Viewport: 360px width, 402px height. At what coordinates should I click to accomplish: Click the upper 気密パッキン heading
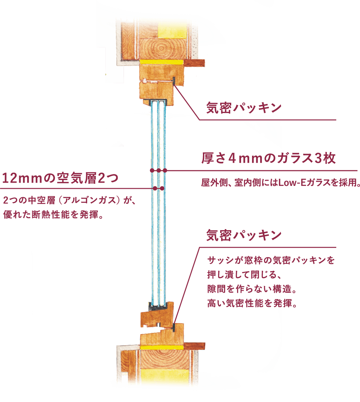pyautogui.click(x=244, y=108)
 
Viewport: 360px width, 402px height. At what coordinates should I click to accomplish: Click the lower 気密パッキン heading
pyautogui.click(x=244, y=235)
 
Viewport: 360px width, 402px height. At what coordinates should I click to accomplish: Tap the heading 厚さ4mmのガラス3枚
pyautogui.click(x=268, y=158)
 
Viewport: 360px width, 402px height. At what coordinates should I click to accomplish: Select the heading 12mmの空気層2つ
pyautogui.click(x=60, y=178)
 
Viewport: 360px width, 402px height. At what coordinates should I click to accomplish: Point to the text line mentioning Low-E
pyautogui.click(x=280, y=183)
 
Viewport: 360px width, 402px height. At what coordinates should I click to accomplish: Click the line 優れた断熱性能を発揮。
pyautogui.click(x=53, y=215)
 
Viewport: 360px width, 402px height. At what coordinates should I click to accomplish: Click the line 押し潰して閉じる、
pyautogui.click(x=244, y=275)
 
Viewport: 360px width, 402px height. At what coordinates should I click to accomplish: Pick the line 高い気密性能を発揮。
pyautogui.click(x=252, y=303)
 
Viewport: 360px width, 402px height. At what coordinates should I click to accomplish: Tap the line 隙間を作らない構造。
pyautogui.click(x=252, y=289)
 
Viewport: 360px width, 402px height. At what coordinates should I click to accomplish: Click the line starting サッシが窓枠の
pyautogui.click(x=271, y=260)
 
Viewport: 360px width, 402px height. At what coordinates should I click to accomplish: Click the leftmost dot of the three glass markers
pyautogui.click(x=152, y=170)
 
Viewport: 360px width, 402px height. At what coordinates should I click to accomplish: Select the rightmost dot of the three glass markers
pyautogui.click(x=165, y=170)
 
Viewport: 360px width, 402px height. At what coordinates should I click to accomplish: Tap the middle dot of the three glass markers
pyautogui.click(x=158, y=170)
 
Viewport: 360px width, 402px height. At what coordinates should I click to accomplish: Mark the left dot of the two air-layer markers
pyautogui.click(x=155, y=188)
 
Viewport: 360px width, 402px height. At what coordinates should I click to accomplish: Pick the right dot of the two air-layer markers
pyautogui.click(x=162, y=188)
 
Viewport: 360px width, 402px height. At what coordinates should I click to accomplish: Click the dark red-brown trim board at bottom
pyautogui.click(x=194, y=346)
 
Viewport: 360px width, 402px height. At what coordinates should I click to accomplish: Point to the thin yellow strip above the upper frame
pyautogui.click(x=161, y=62)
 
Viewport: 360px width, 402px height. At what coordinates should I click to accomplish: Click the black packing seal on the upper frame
pyautogui.click(x=174, y=81)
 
